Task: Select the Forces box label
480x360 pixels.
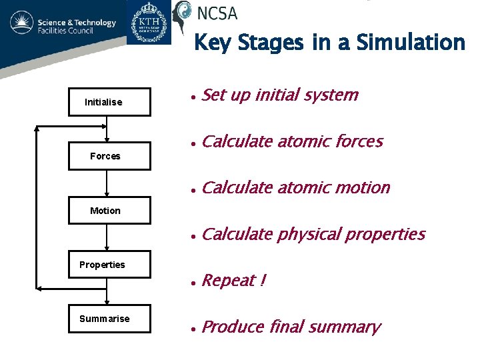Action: (105, 156)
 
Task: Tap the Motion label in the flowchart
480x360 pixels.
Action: (105, 211)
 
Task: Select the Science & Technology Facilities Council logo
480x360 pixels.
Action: (63, 27)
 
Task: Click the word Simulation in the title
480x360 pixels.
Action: (411, 43)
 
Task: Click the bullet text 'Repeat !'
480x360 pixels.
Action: (233, 281)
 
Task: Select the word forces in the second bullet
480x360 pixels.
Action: (359, 141)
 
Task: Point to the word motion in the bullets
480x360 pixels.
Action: (362, 187)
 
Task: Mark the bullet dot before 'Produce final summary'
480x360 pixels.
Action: (192, 329)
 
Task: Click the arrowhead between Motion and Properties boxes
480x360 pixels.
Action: (107, 247)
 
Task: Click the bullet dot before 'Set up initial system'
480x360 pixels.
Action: (192, 97)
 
